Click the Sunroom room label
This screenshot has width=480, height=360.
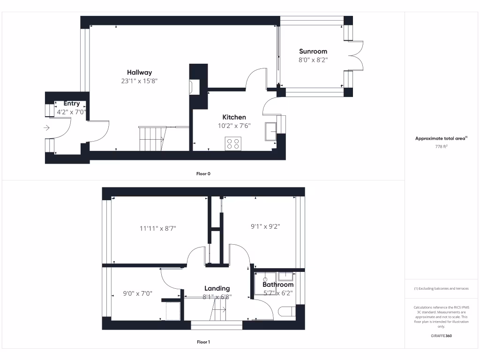coord(313,52)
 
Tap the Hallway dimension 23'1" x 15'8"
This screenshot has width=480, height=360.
coord(140,81)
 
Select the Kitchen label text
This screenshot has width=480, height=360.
coord(234,117)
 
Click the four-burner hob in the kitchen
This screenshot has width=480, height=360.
coord(233,143)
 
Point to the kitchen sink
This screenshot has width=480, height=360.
coord(271,131)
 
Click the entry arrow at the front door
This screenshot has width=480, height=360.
coord(46,127)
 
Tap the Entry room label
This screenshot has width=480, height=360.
coord(72,104)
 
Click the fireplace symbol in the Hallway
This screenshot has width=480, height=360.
coord(192,87)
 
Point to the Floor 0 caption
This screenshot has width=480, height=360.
coord(203,174)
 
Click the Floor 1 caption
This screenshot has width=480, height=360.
coord(203,342)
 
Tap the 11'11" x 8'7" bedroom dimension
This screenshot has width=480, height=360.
coord(157,229)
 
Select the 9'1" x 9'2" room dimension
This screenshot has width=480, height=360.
coord(266,226)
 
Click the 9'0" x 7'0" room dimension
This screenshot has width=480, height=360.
coord(138,294)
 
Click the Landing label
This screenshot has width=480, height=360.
coord(217,288)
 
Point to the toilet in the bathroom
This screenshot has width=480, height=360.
coord(285,311)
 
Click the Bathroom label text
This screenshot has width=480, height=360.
coord(278,285)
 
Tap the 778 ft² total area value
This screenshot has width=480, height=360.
coord(441,147)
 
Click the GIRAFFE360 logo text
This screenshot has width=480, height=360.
coord(441,336)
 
